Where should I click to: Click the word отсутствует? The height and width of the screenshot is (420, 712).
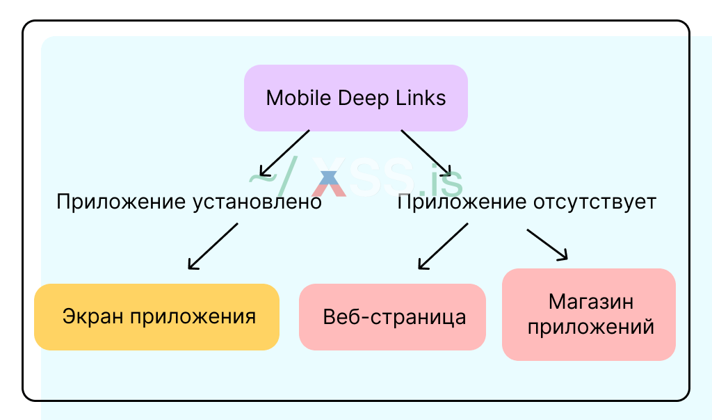(x=594, y=202)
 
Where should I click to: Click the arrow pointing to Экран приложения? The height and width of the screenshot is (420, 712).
(x=213, y=246)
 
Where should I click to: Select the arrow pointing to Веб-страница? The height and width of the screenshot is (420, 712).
(x=443, y=246)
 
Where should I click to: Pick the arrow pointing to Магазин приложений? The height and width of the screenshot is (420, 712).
(x=547, y=244)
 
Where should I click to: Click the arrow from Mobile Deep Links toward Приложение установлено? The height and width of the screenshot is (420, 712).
(x=284, y=152)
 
